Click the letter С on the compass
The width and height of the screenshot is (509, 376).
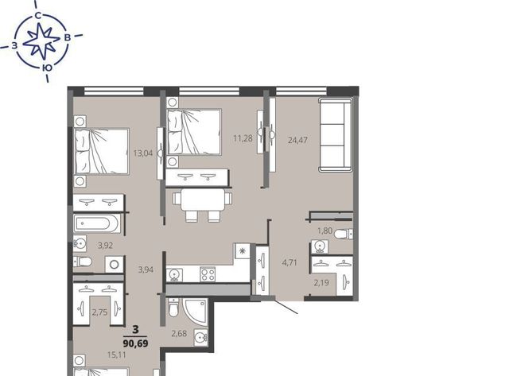38,16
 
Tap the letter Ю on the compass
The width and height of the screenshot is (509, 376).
48,68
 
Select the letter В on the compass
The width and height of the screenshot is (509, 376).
68,37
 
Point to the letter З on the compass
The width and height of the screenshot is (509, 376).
14,46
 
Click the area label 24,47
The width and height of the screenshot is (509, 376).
297,140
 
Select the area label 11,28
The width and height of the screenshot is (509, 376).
243,138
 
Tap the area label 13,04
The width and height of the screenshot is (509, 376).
143,153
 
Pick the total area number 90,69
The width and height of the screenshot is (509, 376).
136,343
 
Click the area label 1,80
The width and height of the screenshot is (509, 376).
325,231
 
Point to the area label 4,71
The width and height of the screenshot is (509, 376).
289,262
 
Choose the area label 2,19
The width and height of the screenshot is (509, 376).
321,283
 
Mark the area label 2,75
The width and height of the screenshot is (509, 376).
99,312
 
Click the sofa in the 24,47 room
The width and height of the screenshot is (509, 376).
336,134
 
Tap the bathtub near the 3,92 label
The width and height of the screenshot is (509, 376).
97,223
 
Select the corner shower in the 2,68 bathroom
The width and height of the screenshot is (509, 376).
195,312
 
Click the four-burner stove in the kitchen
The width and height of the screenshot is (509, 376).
208,274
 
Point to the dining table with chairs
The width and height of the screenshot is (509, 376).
202,204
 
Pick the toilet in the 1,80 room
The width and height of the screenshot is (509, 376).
344,234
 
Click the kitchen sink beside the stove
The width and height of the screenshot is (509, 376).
175,275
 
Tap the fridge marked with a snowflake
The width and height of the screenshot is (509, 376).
242,250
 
